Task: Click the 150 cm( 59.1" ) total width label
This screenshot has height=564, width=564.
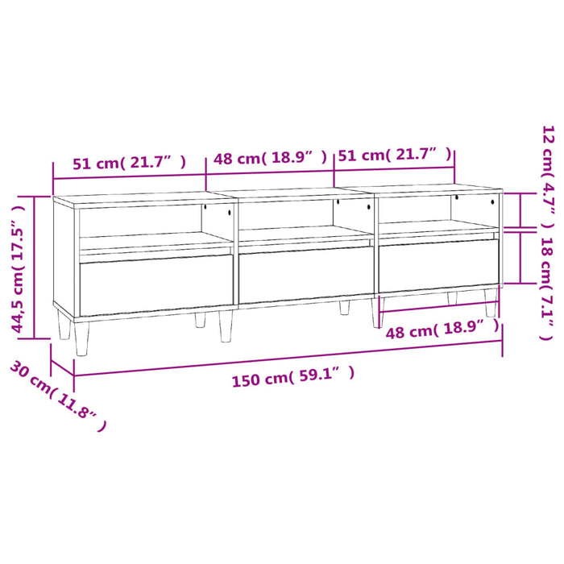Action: click(292, 377)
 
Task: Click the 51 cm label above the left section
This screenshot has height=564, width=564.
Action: click(129, 162)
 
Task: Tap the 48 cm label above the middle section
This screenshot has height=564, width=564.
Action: click(270, 158)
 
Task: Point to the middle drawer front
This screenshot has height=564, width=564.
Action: click(306, 275)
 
